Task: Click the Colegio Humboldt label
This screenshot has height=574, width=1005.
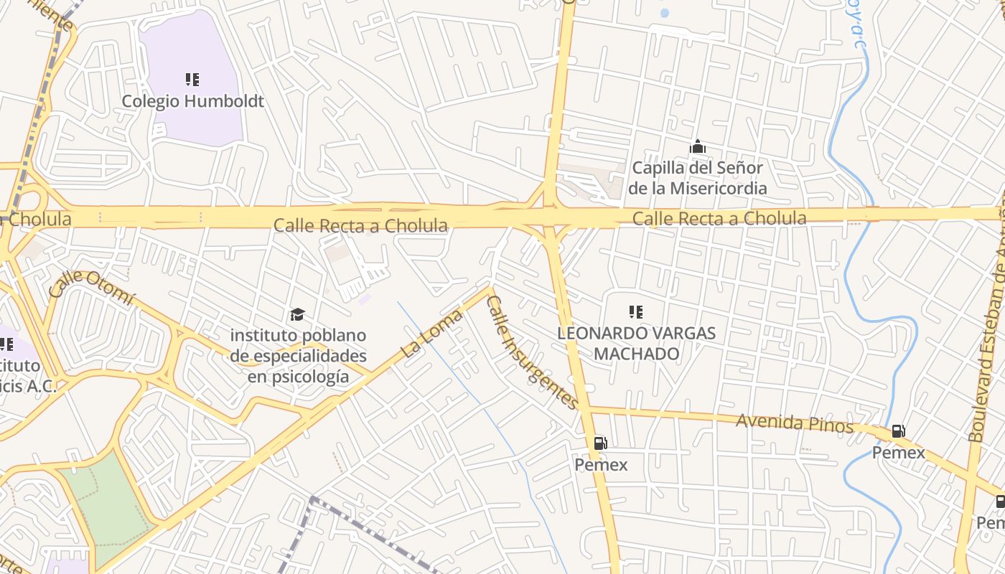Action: coord(192,101)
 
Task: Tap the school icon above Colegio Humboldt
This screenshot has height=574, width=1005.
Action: coord(192,80)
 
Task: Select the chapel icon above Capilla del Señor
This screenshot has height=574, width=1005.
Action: coord(697,147)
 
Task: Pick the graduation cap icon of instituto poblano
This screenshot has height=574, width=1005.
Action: coord(297,314)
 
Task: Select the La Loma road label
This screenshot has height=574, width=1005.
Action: coord(431,334)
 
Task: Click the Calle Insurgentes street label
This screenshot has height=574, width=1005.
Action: coord(532,352)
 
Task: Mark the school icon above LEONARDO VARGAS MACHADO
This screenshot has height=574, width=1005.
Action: coord(635,312)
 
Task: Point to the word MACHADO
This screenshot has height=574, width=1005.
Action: coord(637,354)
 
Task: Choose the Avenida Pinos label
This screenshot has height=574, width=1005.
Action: coord(794,423)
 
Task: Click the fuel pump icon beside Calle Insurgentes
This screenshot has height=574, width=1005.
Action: coord(600,443)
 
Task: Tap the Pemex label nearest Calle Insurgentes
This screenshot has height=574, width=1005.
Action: coord(601,465)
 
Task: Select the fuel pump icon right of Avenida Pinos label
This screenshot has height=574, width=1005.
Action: coord(898,431)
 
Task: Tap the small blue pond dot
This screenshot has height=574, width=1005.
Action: coord(664,13)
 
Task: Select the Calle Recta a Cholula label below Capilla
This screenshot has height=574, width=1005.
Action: coord(719,218)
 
